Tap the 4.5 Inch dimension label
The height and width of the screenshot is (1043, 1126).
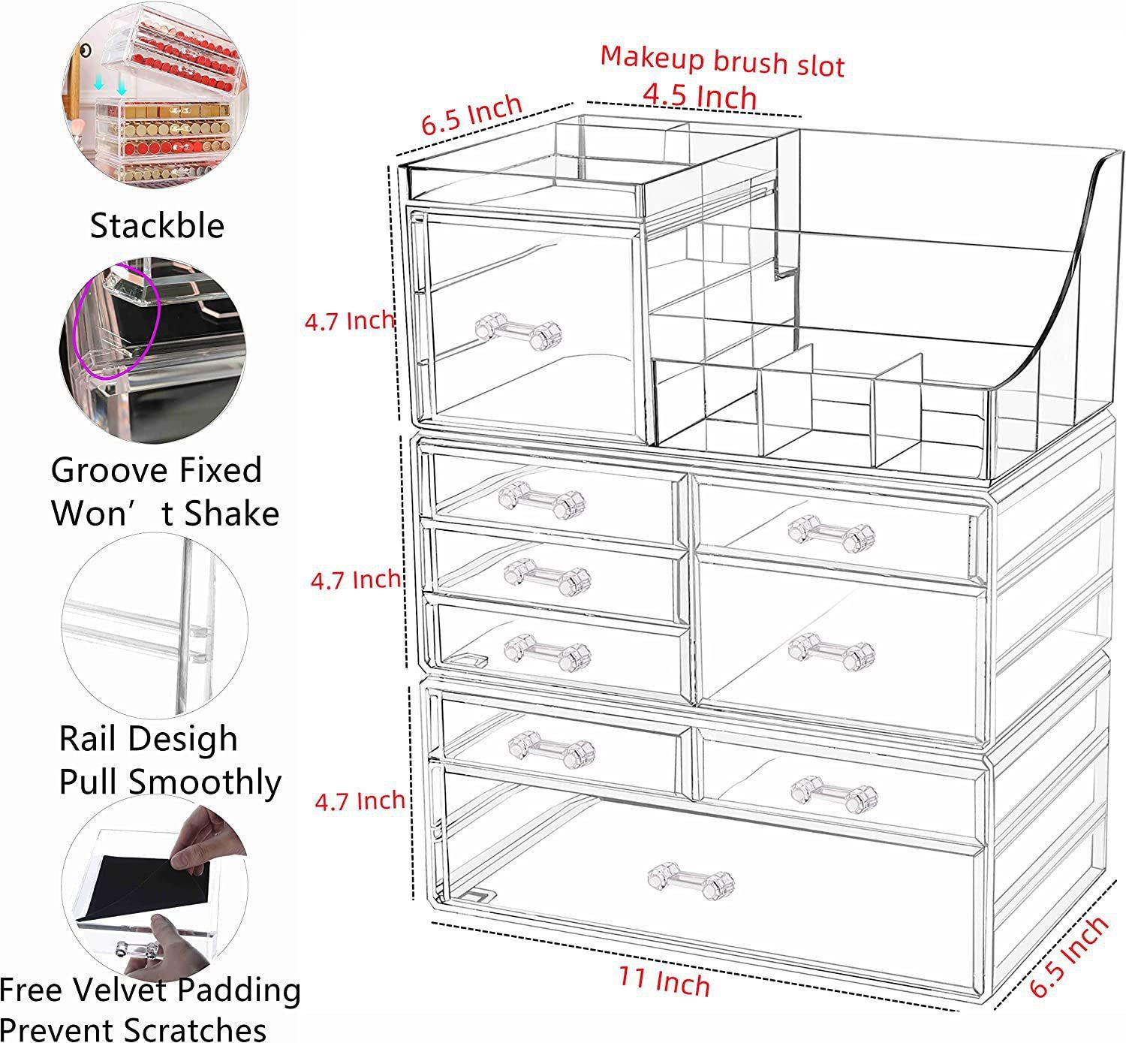pos(700,96)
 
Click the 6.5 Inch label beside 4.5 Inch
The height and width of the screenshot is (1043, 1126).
pos(471,115)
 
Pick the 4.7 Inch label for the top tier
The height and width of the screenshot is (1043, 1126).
pos(350,321)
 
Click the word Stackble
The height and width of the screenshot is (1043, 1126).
pos(157,226)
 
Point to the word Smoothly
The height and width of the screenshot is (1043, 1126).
pos(205,784)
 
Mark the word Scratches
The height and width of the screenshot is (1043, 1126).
pos(194,1029)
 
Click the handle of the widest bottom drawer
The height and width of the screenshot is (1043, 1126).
pos(691,881)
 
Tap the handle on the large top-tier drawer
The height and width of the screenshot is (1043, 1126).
pos(518,331)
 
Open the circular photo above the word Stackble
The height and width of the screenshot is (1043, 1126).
pos(155,95)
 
